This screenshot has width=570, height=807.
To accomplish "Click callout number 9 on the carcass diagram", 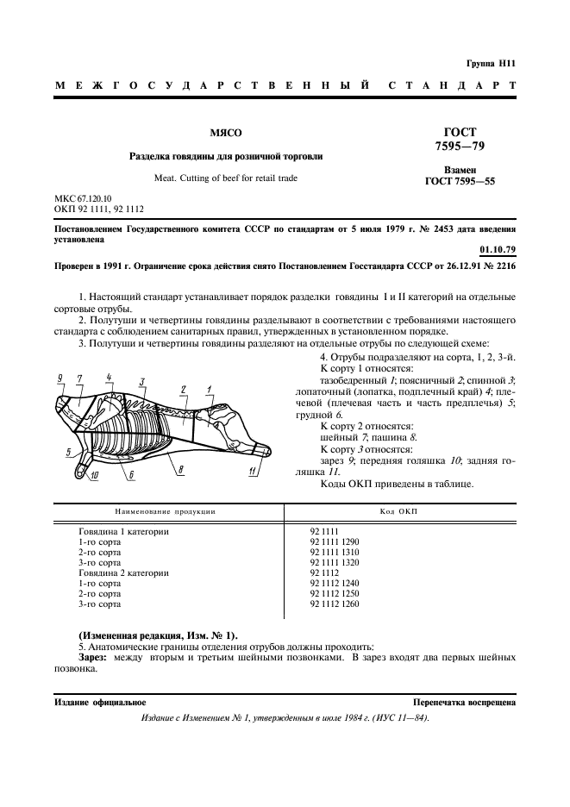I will [60, 378].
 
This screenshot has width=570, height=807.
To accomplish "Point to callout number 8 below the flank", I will [180, 469].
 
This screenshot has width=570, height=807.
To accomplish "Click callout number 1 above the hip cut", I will [210, 390].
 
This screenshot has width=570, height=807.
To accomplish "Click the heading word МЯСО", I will [227, 134].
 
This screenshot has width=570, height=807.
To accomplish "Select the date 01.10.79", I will [498, 250].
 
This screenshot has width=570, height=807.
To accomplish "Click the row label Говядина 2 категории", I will [124, 572].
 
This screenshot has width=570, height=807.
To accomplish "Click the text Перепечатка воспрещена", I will [465, 703].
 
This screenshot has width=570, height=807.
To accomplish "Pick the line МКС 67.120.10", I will [89, 198].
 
